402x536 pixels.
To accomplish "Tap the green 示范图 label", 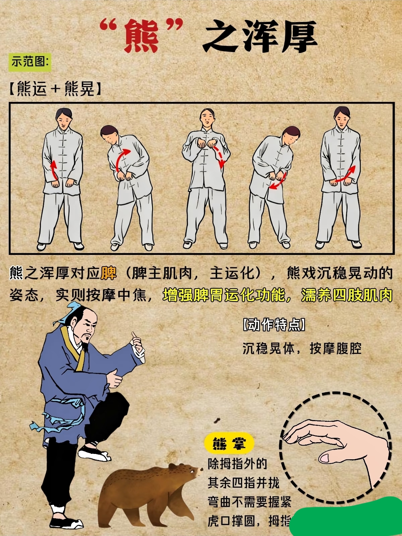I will tap(30, 62).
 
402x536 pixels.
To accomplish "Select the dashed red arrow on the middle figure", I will tap(219, 156).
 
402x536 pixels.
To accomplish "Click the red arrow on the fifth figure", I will tap(345, 175).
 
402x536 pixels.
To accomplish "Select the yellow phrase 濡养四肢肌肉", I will tap(346, 295).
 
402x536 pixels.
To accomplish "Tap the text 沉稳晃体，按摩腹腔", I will tap(302, 348).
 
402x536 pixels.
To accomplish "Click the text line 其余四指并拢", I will tap(243, 483).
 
